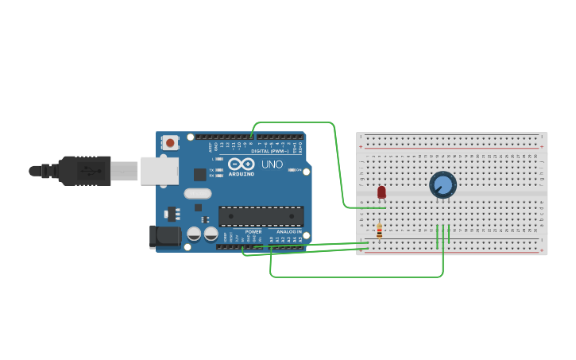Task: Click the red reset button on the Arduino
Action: point(169,143)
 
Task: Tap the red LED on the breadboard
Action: point(381,192)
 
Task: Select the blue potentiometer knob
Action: point(443,185)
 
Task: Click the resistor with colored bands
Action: point(379,231)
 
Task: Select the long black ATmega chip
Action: point(261,215)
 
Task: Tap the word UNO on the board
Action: point(272,165)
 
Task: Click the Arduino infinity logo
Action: point(241,164)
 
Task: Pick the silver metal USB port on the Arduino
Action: point(159,170)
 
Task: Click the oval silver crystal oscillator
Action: point(198,193)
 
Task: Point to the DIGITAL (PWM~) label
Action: point(269,150)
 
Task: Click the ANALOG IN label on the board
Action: point(288,231)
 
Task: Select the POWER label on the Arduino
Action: point(253,231)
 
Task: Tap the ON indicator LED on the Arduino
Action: point(292,169)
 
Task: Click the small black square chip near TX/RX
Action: point(200,174)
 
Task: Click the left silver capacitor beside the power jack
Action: point(194,234)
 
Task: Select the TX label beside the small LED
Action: point(211,169)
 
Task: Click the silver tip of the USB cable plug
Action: point(125,171)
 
